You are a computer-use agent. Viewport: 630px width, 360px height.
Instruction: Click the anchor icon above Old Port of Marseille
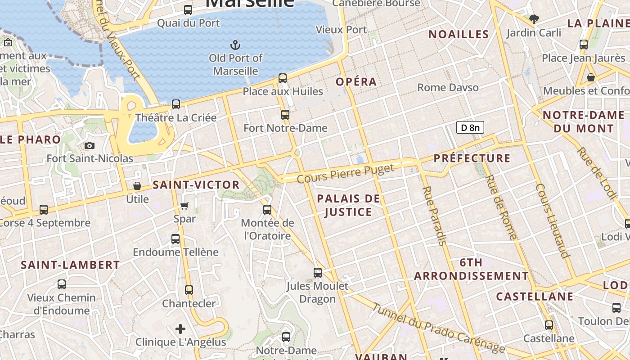[x=235, y=45]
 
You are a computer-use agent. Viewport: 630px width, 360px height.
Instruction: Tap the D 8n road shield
[x=470, y=128]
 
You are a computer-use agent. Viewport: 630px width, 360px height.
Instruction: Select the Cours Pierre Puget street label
[x=346, y=173]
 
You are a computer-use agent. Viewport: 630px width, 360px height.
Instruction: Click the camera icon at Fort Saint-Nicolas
[x=90, y=145]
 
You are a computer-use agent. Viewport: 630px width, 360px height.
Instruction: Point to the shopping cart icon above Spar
[x=184, y=206]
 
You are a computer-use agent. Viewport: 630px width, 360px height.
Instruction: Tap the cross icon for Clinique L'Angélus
[x=180, y=329]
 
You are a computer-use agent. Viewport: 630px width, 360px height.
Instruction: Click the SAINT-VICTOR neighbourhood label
[x=196, y=184]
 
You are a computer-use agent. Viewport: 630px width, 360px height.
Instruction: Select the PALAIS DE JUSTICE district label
[x=349, y=205]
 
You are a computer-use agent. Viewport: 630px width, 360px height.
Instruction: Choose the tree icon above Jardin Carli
[x=534, y=19]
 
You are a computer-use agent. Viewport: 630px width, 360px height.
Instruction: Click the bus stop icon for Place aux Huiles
[x=283, y=78]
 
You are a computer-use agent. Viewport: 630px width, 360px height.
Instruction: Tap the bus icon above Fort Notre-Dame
[x=285, y=115]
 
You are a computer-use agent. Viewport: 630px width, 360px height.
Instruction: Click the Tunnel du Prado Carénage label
[x=439, y=327]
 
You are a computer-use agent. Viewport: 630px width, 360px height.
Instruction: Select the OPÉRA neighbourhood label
[x=356, y=82]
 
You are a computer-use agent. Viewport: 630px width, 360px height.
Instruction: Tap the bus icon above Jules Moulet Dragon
[x=318, y=273]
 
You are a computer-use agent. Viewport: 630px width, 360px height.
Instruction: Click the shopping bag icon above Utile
[x=137, y=186]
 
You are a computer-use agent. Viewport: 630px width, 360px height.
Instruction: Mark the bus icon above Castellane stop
[x=549, y=325]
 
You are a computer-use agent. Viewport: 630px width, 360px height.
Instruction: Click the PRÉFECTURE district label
[x=472, y=158]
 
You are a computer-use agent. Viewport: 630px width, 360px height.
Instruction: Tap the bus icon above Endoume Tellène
[x=175, y=239]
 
